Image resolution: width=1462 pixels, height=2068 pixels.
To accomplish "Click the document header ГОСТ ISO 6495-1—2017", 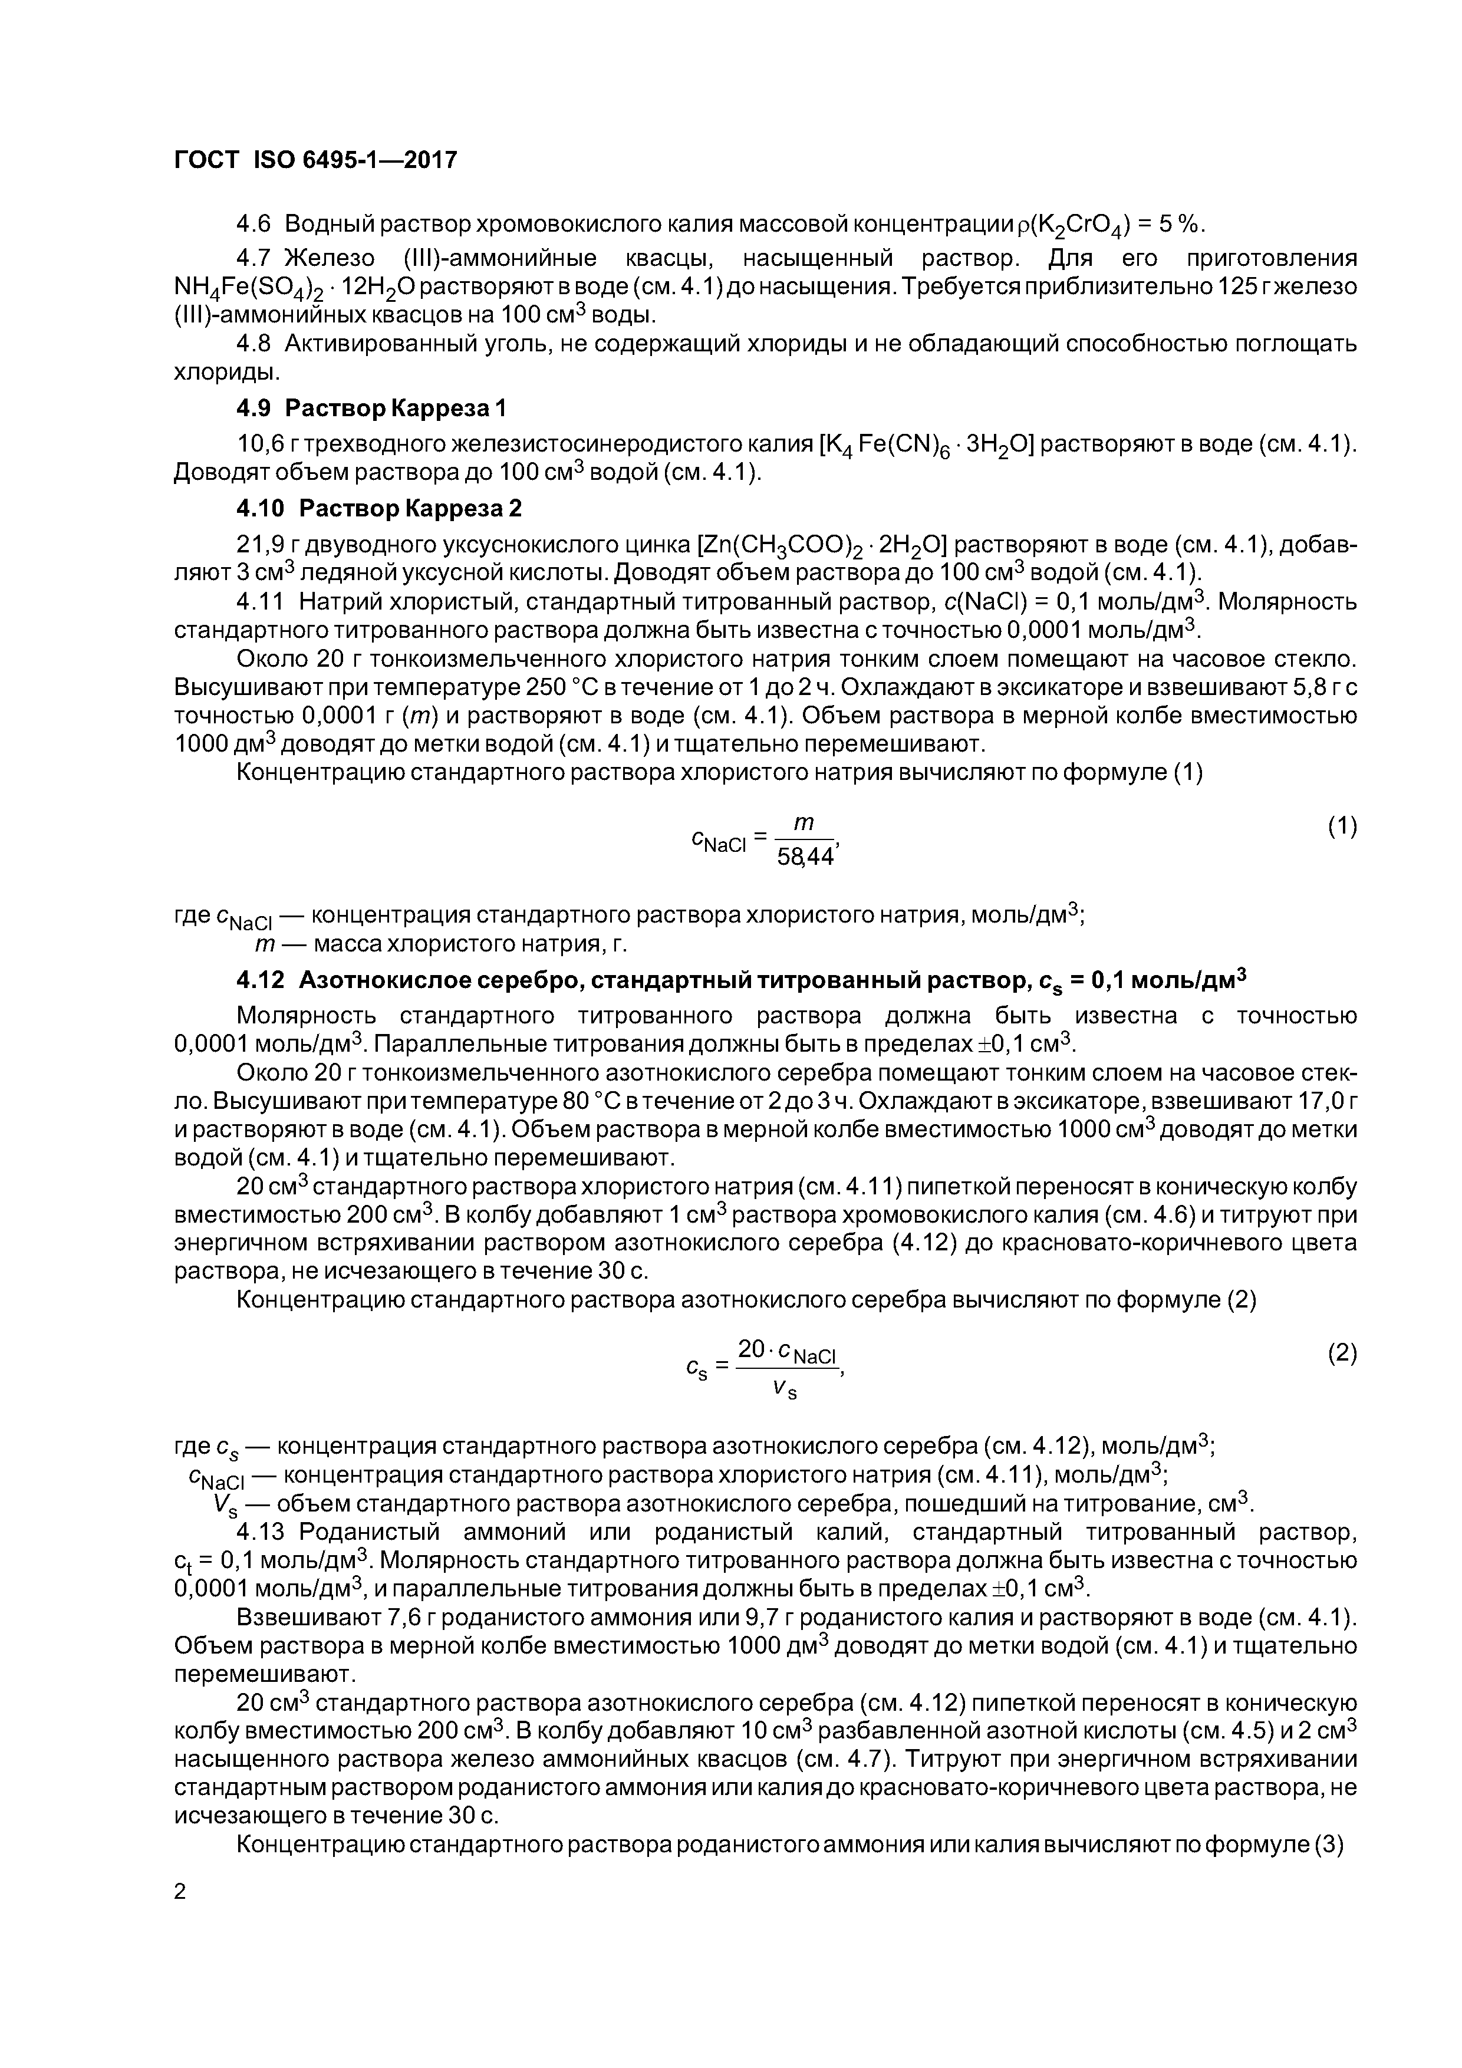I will click(x=315, y=159).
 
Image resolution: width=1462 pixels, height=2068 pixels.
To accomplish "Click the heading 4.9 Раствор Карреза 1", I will click(x=371, y=409).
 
